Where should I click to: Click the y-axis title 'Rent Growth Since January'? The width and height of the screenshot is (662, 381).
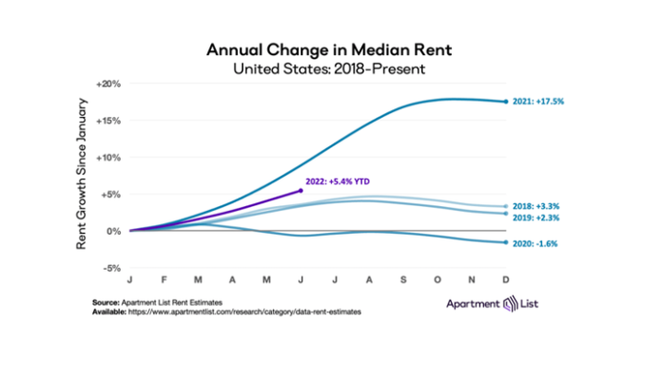pyautogui.click(x=84, y=177)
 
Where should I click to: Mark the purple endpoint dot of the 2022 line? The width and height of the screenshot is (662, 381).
pyautogui.click(x=301, y=190)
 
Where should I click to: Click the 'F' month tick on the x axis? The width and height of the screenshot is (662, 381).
pyautogui.click(x=164, y=281)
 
